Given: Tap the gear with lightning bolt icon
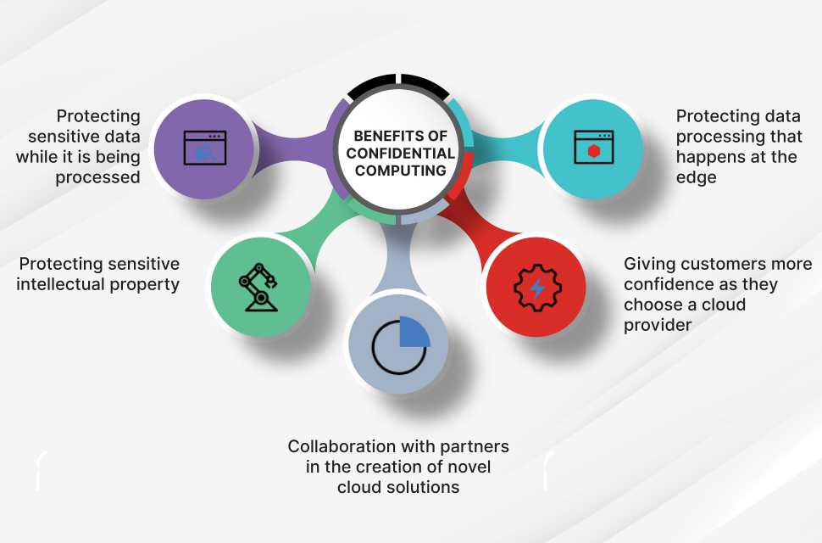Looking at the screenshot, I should coord(537,288).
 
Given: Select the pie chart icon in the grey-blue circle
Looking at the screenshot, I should coord(400,345).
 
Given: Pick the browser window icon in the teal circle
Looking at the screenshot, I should coord(592,147).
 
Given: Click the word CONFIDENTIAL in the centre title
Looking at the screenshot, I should coord(401,153).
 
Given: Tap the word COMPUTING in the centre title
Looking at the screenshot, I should coord(401,171).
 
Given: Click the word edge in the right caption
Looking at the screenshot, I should coord(697,177).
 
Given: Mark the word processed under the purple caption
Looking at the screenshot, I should coord(98,177).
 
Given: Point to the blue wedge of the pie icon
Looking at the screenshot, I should coord(414,332).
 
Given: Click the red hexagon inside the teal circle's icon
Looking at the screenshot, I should coord(592,151).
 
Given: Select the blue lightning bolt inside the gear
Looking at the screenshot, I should coord(537,288).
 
